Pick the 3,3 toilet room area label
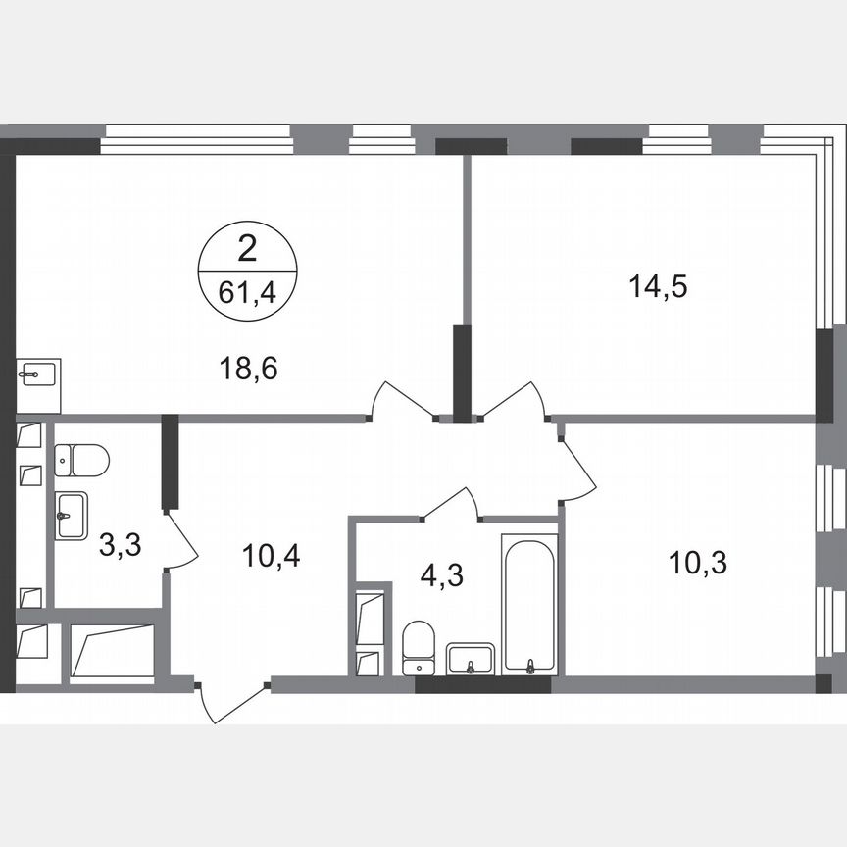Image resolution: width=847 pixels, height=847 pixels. [120, 544]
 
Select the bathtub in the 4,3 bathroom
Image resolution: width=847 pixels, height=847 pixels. [529, 604]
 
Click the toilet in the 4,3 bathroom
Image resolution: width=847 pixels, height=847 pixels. [419, 646]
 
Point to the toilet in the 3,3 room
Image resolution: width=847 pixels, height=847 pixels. [80, 459]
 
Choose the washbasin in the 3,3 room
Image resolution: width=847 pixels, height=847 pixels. [71, 515]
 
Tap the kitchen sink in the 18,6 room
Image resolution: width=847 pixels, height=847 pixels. [39, 374]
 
